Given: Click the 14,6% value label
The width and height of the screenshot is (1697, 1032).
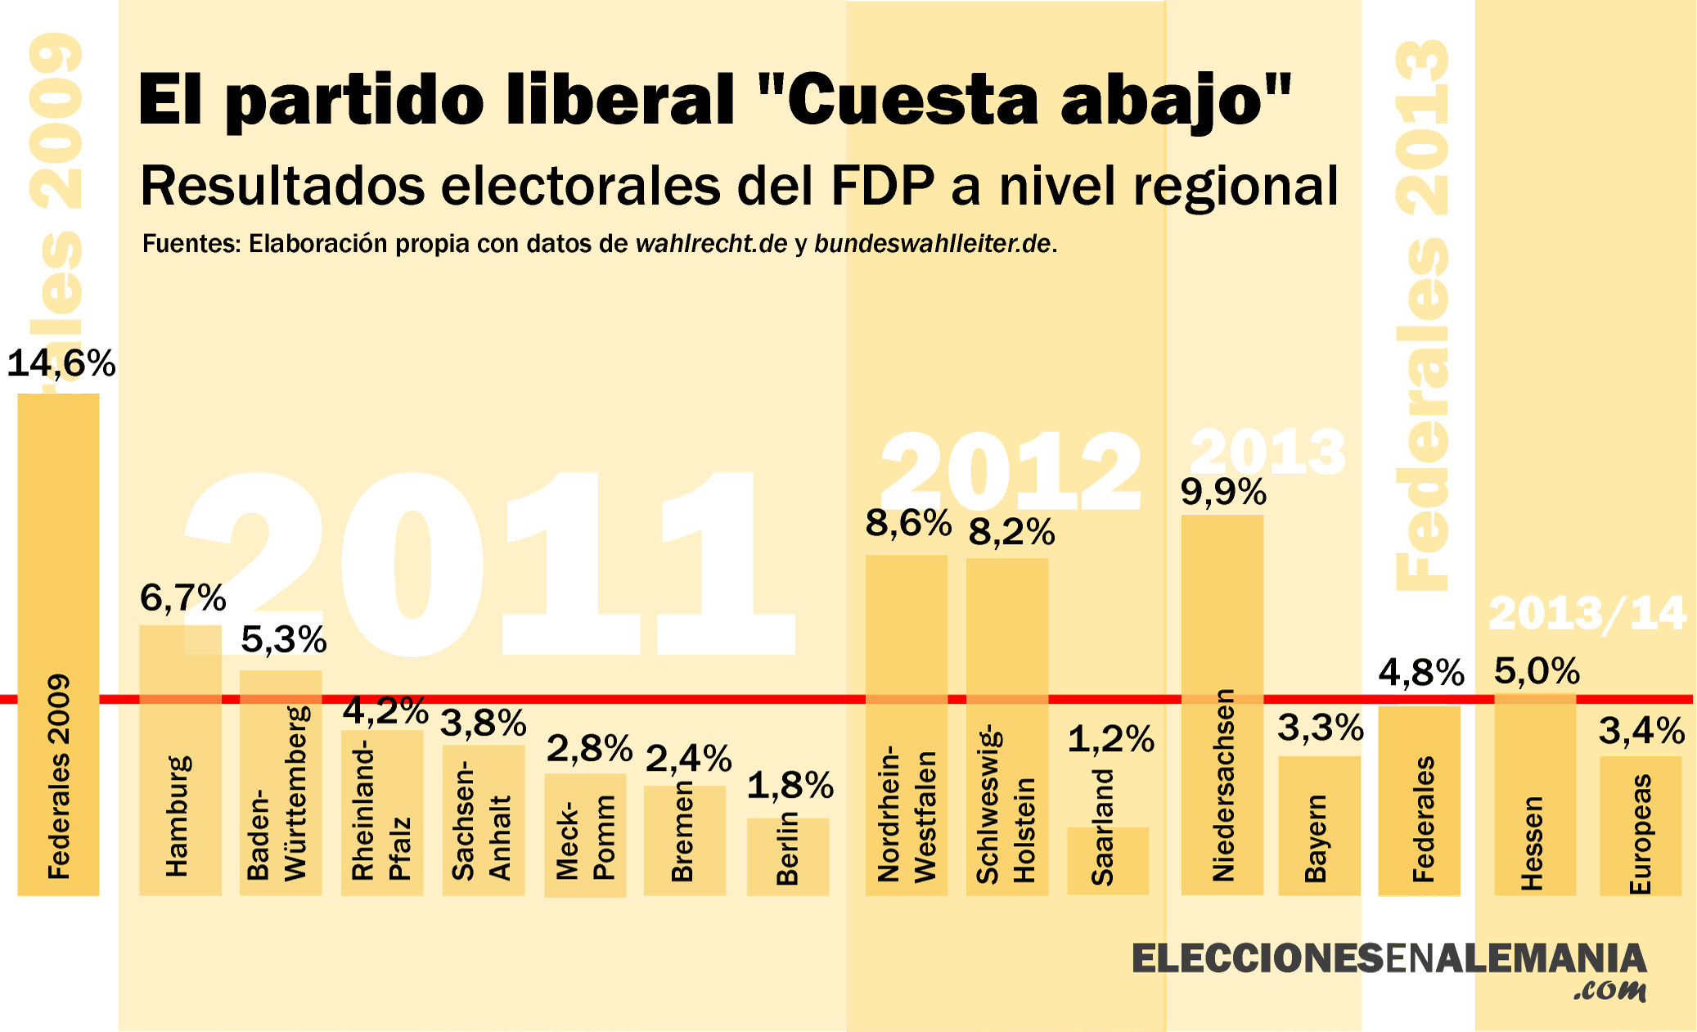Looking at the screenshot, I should pyautogui.click(x=61, y=363).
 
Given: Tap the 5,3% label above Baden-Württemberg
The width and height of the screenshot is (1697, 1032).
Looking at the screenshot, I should pyautogui.click(x=284, y=639).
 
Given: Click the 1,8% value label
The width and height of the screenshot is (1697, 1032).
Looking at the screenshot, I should pyautogui.click(x=790, y=786).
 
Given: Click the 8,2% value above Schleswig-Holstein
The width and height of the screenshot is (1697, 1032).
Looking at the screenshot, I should pyautogui.click(x=1011, y=532).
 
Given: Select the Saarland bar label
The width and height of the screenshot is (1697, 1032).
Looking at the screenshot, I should pyautogui.click(x=1103, y=827).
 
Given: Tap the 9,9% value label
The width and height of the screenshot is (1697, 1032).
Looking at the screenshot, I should pyautogui.click(x=1223, y=492).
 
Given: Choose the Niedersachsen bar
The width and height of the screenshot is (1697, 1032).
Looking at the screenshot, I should pyautogui.click(x=1222, y=704).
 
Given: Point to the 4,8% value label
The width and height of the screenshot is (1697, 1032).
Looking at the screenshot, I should pyautogui.click(x=1421, y=673).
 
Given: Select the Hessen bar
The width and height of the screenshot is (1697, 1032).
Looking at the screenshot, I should pyautogui.click(x=1535, y=794).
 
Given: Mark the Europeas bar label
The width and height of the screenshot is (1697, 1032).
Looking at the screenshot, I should pyautogui.click(x=1641, y=834).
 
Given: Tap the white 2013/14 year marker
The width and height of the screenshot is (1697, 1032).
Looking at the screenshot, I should pyautogui.click(x=1587, y=613).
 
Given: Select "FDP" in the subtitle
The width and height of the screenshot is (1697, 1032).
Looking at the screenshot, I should pyautogui.click(x=883, y=186).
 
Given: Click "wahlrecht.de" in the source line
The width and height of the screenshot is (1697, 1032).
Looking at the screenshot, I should pyautogui.click(x=711, y=244).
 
